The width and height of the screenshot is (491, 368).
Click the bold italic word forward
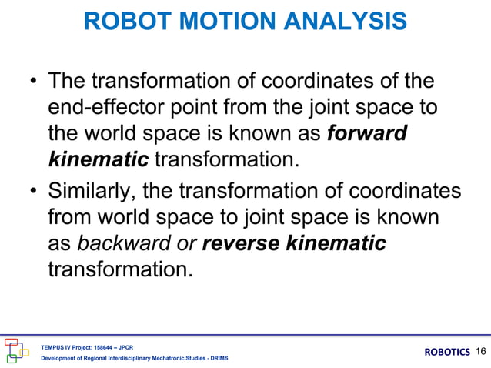(x=367, y=133)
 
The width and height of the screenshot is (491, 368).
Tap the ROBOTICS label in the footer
(x=447, y=353)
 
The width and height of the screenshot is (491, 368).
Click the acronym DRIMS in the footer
(x=217, y=359)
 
